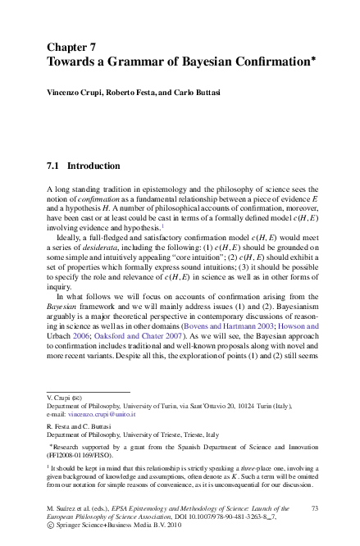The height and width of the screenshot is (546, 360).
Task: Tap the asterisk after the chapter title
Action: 314,57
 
